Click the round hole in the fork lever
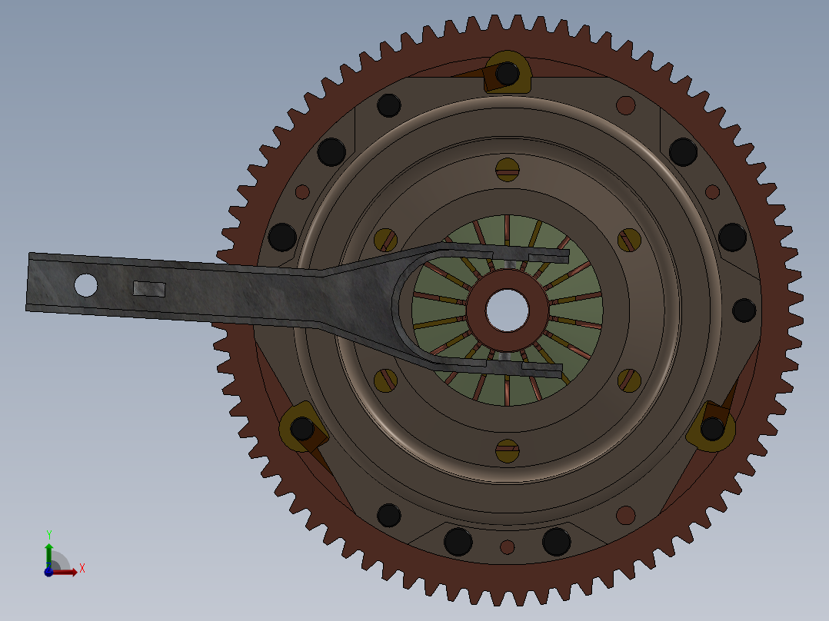coord(85,285)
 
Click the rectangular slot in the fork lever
coord(149,289)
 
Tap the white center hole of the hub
coord(507,310)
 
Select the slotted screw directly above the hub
coord(508,170)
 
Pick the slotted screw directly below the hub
coord(508,451)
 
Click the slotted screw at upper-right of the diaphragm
coord(629,241)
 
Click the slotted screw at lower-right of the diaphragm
coord(629,380)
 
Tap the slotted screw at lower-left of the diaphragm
coord(386,380)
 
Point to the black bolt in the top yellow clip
coord(508,74)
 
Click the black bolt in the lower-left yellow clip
coord(302,429)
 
